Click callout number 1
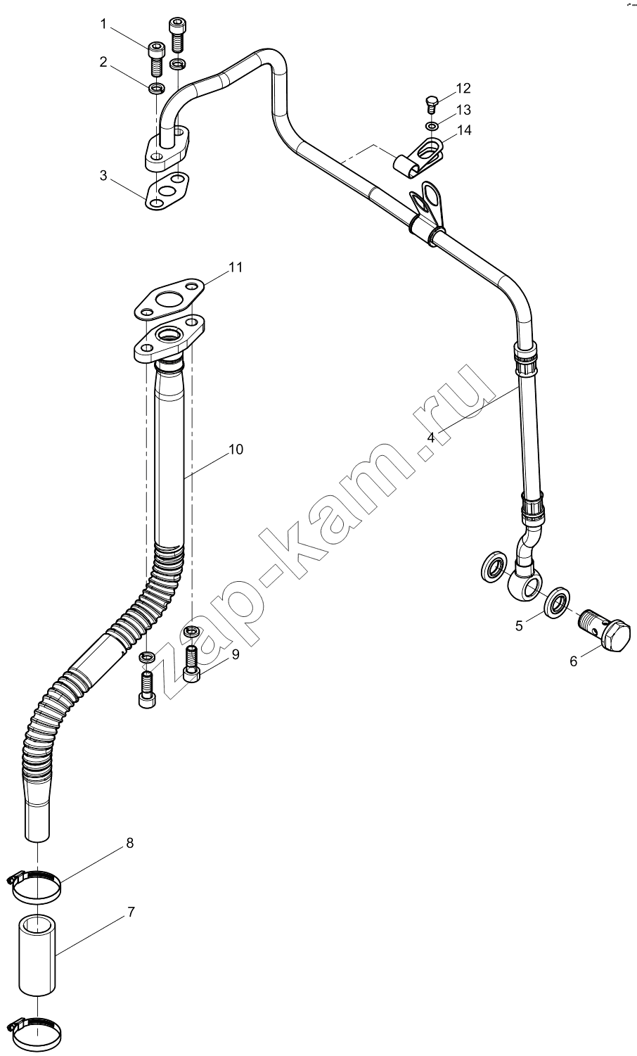tap(104, 25)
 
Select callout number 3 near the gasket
tap(103, 175)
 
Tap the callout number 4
tap(430, 437)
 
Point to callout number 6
tap(573, 661)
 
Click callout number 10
tap(236, 450)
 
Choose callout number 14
tap(464, 129)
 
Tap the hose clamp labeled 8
tap(34, 886)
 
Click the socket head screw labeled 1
tap(156, 58)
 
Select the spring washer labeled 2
tap(156, 88)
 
